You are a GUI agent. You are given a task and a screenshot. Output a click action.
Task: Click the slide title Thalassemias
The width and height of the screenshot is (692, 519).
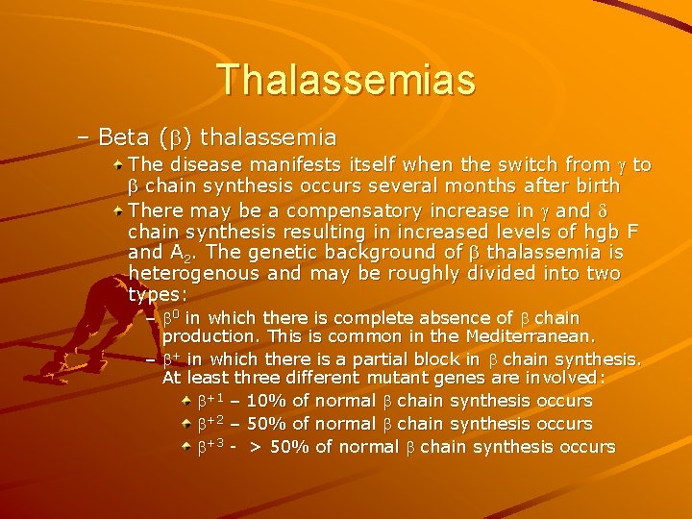point(346,79)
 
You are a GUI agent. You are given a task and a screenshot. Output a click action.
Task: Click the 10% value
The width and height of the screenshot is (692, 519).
point(266,401)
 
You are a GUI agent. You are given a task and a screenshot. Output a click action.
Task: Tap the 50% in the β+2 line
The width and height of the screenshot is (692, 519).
point(266,424)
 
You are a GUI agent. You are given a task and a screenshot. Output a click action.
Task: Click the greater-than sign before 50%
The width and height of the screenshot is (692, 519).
point(256,447)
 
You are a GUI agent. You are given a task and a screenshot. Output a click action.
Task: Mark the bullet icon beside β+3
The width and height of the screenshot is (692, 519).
point(187,447)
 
